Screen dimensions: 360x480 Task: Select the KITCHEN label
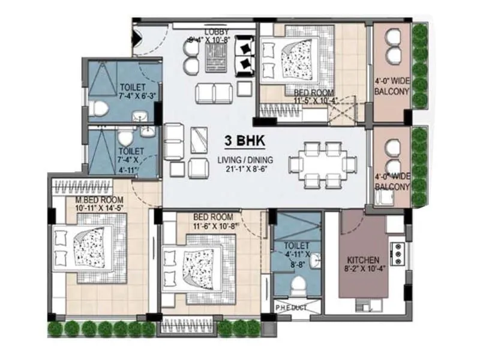[x=363, y=260]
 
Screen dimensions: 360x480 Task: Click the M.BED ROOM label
[x=99, y=200]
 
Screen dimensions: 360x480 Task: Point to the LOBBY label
[x=215, y=32]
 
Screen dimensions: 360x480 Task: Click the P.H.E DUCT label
[x=292, y=308]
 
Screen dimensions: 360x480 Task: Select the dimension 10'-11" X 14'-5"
[x=99, y=208]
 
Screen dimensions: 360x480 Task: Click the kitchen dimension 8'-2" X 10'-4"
[x=363, y=270]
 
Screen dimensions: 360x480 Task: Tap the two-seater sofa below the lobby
[x=214, y=93]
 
